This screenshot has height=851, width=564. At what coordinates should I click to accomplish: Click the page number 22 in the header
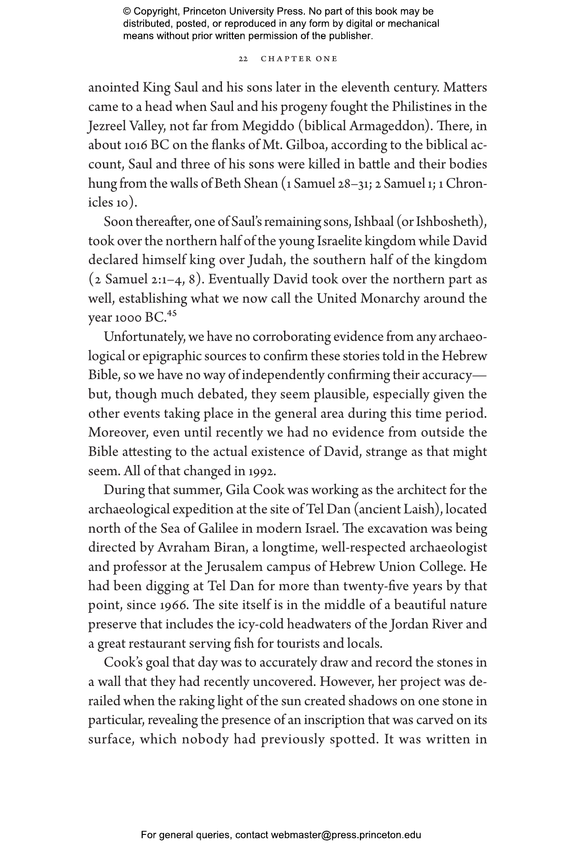pyautogui.click(x=244, y=59)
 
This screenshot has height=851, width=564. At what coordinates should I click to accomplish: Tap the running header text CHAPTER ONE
pyautogui.click(x=299, y=59)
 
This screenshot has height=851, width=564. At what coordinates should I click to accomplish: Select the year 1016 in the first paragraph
pyautogui.click(x=135, y=145)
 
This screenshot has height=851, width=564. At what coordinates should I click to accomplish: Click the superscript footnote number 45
pyautogui.click(x=172, y=314)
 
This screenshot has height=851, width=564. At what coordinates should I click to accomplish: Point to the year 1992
pyautogui.click(x=262, y=471)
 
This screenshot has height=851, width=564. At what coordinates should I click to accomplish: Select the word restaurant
pyautogui.click(x=159, y=644)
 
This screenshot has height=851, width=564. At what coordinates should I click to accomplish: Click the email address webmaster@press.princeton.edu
pyautogui.click(x=346, y=835)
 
